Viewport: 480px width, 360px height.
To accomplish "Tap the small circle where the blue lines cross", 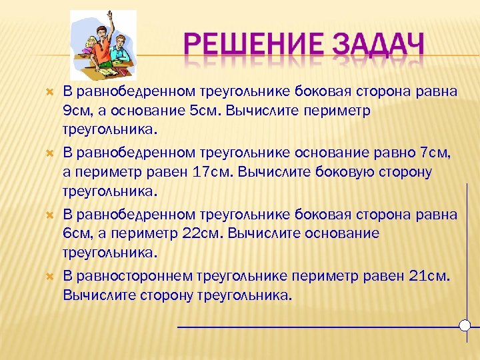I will coord(465,325).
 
